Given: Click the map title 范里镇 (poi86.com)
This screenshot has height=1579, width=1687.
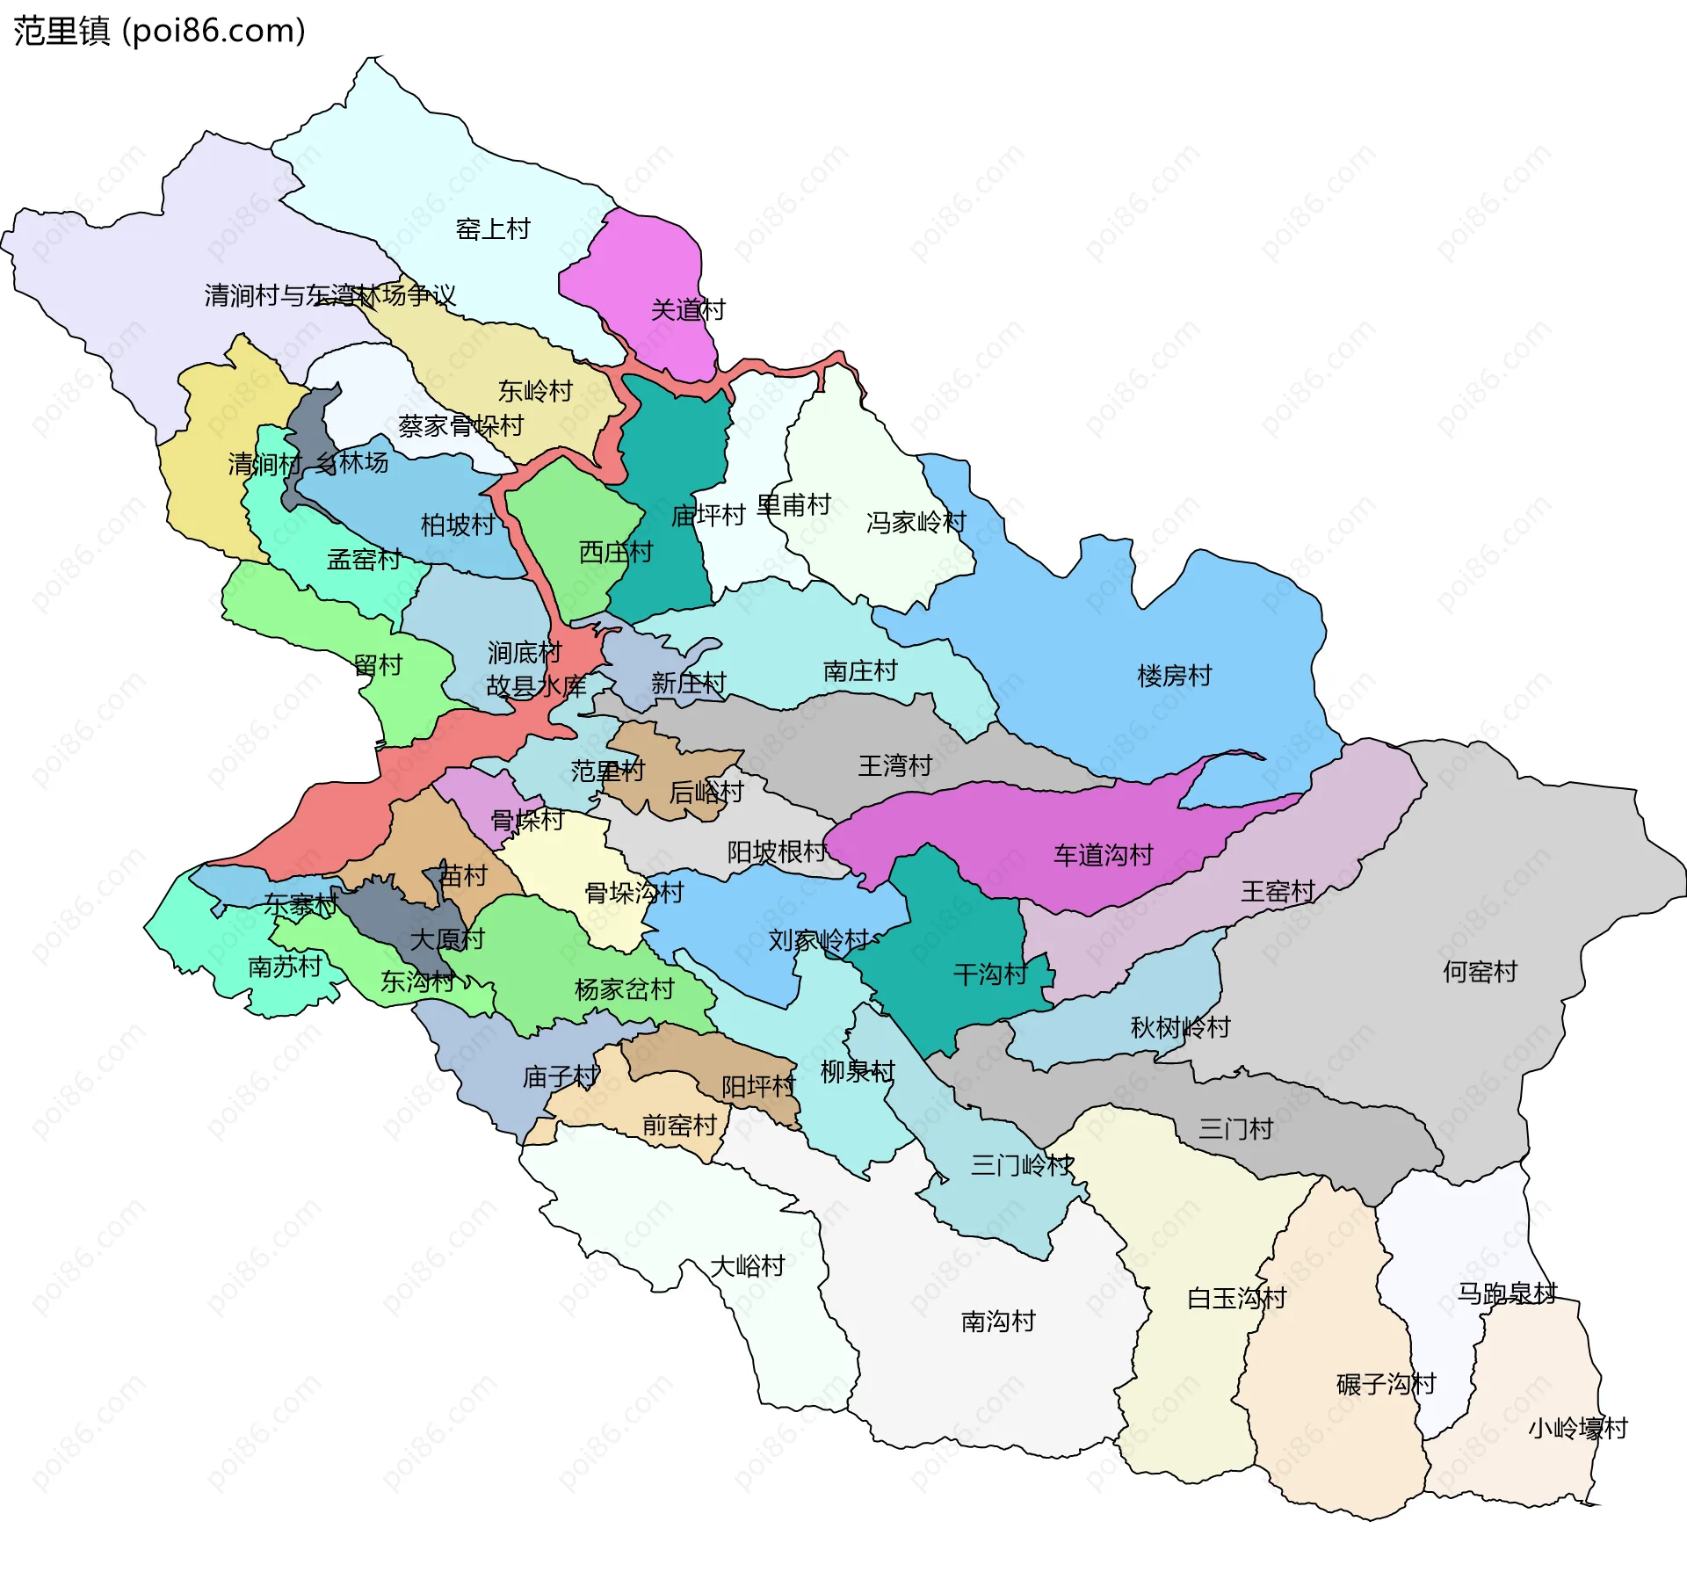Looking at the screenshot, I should (x=159, y=31).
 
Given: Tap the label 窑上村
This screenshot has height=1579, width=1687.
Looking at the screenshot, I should (x=493, y=229).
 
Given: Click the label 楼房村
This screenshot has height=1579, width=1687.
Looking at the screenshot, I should (x=1174, y=676).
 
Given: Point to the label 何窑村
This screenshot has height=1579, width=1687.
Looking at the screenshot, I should (x=1480, y=972).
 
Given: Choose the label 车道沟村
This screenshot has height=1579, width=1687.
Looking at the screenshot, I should (x=1103, y=855).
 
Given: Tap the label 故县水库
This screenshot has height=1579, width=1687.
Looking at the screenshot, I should (x=536, y=686).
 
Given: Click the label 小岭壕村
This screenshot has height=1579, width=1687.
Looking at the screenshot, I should (x=1577, y=1429).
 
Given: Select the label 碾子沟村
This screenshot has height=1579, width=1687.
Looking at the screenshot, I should (x=1386, y=1385).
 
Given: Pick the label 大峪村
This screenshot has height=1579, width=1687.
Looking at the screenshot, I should (x=747, y=1266).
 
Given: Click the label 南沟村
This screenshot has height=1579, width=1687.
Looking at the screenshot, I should (x=998, y=1322).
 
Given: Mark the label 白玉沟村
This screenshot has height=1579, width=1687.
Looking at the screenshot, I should (x=1236, y=1299).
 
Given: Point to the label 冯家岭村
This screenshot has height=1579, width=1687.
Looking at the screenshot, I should (x=916, y=523).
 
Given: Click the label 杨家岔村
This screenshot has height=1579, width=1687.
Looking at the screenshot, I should (x=624, y=989).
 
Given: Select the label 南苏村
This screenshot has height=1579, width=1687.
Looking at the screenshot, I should (x=285, y=967).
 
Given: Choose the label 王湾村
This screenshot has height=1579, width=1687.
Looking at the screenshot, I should (x=894, y=766).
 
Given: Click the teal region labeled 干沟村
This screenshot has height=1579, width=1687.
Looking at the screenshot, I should (x=958, y=931).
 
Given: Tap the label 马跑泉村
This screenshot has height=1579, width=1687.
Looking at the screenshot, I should (x=1507, y=1293).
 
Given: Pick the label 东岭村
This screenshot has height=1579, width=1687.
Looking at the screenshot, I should (x=535, y=391).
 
